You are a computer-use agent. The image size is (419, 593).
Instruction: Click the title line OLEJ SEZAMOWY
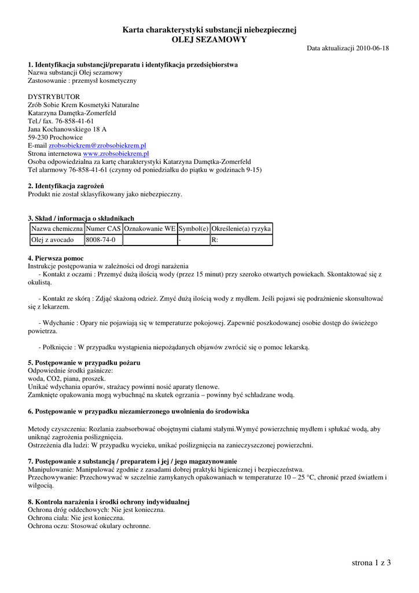(209, 39)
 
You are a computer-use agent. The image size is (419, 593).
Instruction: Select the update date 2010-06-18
(373, 48)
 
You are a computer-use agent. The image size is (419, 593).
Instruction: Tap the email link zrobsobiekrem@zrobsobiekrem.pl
(97, 146)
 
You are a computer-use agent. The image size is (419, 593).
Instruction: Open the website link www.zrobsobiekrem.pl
(116, 154)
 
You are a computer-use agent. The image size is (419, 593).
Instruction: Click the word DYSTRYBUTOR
(54, 97)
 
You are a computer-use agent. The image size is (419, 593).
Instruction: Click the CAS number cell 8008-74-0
(101, 240)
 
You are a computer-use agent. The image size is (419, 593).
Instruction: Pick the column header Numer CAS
(103, 229)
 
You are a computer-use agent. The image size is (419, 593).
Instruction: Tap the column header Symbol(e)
(193, 229)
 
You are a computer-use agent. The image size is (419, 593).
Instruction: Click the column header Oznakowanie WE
(149, 229)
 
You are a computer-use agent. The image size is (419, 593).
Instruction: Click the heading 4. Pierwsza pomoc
(56, 258)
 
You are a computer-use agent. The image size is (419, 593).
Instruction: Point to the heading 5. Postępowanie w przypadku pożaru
(84, 363)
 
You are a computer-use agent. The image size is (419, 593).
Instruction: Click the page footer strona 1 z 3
(371, 562)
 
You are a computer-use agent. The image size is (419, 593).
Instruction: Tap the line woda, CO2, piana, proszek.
(67, 379)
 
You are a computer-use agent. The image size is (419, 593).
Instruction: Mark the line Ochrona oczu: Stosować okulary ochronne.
(89, 526)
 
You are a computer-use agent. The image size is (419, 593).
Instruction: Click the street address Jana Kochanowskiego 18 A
(67, 130)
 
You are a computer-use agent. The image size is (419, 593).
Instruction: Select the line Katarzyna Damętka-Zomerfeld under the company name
(72, 114)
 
